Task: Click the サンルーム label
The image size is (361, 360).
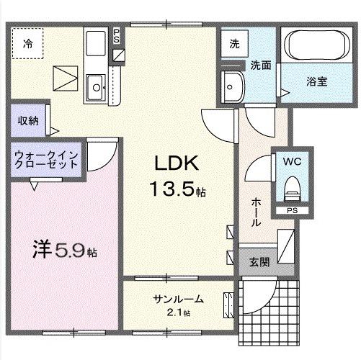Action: coord(177,299)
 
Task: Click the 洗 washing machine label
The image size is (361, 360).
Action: coord(234,43)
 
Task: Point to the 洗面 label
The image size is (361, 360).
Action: coord(260,65)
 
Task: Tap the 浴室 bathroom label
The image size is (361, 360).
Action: coord(317,81)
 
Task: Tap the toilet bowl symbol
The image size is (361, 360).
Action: coord(292,189)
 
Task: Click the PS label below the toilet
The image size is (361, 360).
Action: coord(292,211)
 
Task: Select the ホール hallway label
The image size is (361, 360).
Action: coord(255,212)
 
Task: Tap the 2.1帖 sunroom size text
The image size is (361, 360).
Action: coord(177,312)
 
